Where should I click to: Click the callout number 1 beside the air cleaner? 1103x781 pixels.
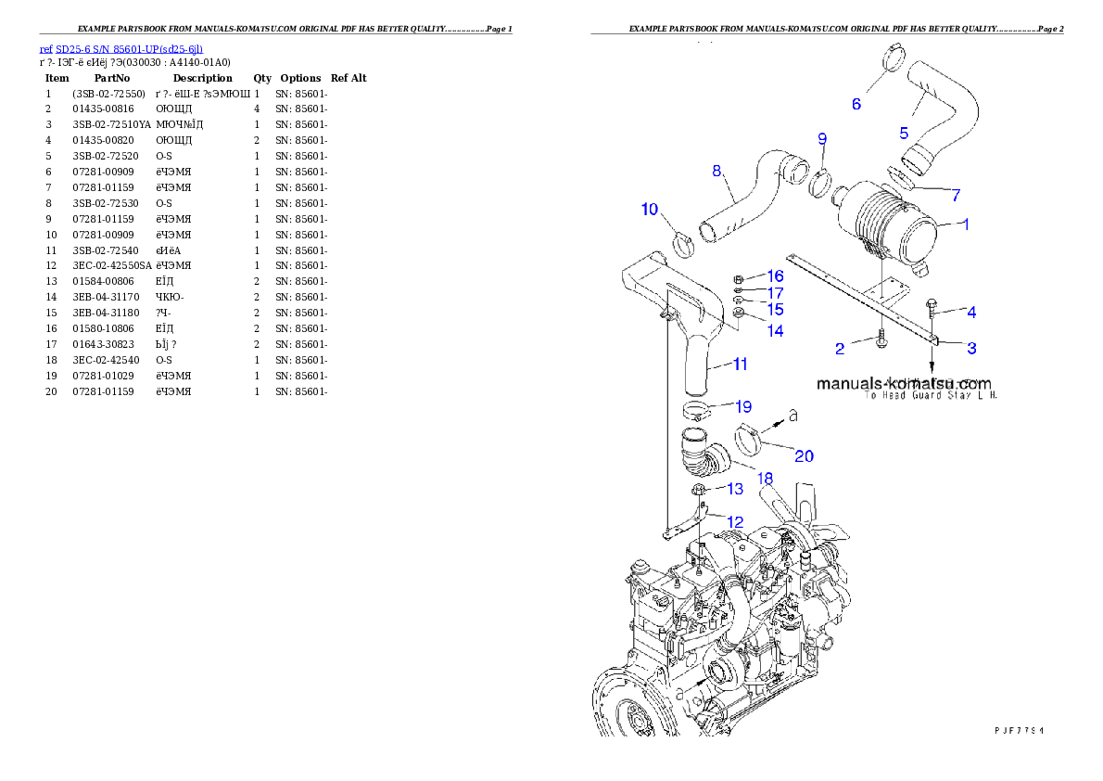click(964, 224)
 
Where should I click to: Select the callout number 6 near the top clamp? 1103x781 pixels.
click(856, 104)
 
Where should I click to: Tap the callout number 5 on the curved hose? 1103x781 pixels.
click(904, 133)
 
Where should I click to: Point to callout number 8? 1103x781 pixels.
click(716, 171)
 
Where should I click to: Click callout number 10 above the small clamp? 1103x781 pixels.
click(650, 209)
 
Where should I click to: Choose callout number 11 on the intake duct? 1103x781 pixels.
click(740, 365)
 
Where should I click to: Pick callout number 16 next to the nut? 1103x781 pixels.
click(775, 276)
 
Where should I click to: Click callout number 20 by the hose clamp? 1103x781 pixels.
click(804, 455)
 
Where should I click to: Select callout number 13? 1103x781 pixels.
click(734, 489)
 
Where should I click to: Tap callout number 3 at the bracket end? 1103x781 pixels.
click(971, 348)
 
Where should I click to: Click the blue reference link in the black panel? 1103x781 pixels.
click(120, 49)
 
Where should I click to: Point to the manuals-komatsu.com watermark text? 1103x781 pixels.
click(904, 383)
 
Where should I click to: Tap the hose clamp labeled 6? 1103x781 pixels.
click(892, 57)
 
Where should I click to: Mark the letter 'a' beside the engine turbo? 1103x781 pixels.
click(681, 693)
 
